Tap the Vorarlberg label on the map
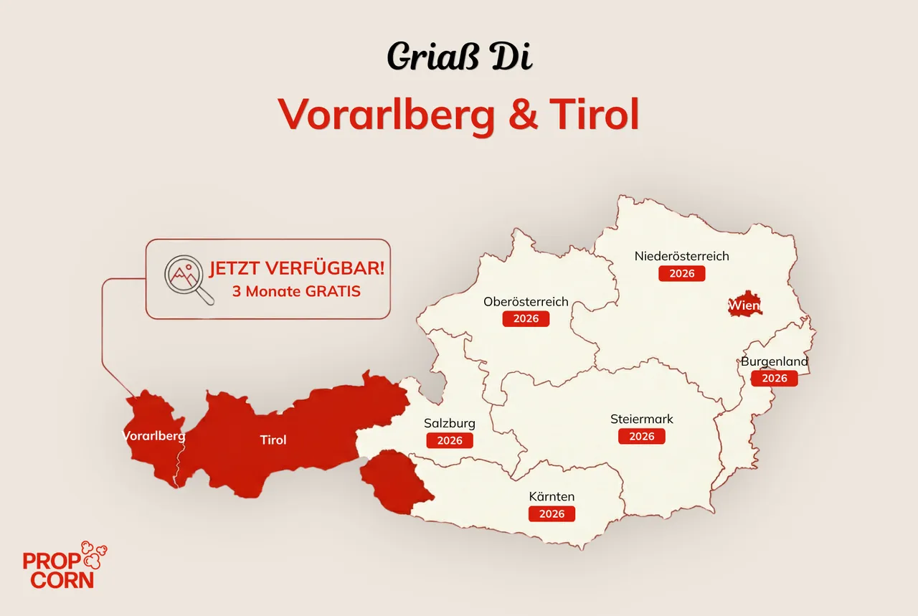(153, 435)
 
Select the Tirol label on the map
(273, 440)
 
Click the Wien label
(743, 306)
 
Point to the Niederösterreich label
(681, 256)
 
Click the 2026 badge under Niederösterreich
(681, 273)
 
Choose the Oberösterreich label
(526, 301)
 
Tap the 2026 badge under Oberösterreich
(526, 318)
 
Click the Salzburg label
(450, 423)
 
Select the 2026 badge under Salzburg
(450, 440)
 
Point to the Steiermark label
(642, 419)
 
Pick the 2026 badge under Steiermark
(642, 436)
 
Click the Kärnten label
(552, 496)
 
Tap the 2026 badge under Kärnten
(552, 513)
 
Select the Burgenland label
(775, 361)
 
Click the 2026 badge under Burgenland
(775, 378)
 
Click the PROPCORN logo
(65, 565)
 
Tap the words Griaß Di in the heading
(459, 55)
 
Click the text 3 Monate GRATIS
(296, 291)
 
